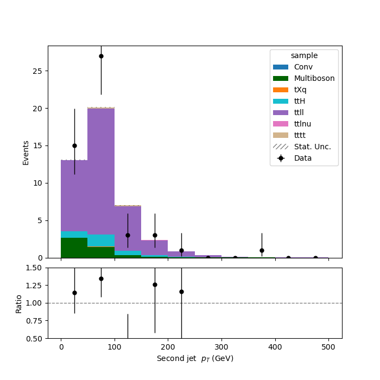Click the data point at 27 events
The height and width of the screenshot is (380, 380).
pos(102,56)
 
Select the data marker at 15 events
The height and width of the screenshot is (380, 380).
pos(75,145)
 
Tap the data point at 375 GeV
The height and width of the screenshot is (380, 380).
pos(262,250)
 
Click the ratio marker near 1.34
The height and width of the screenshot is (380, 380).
pos(102,278)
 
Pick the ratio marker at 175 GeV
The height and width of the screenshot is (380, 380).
pos(155,285)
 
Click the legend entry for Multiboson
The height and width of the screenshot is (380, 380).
pos(304,78)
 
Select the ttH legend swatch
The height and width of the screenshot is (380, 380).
pos(281,101)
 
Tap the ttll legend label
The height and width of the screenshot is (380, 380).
pos(299,112)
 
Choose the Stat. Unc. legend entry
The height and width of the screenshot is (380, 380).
pos(302,147)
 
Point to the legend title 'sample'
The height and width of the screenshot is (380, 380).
pos(304,55)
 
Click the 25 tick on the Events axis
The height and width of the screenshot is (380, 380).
pos(37,71)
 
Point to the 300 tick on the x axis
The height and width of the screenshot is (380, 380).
pos(221,347)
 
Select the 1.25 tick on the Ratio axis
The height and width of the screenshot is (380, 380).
pos(34,285)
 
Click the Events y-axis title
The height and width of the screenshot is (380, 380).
pos(26,153)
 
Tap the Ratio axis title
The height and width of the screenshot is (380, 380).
pos(18,304)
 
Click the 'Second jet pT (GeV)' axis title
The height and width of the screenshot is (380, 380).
pos(195,358)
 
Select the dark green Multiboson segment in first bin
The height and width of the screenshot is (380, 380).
pos(74,248)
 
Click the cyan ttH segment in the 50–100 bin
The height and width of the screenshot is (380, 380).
pos(101,240)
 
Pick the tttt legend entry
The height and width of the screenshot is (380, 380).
pos(289,135)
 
